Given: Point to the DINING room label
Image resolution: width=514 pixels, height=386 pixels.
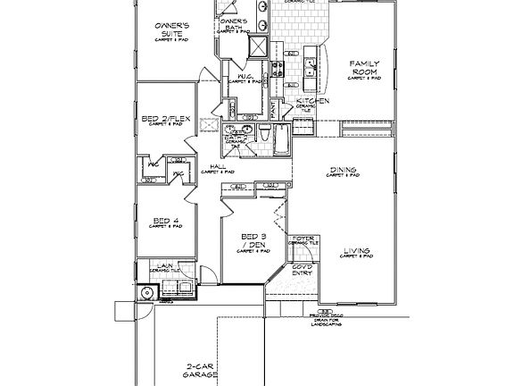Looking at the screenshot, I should pyautogui.click(x=343, y=170).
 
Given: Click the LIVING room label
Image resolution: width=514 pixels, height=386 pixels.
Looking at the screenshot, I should pyautogui.click(x=355, y=251).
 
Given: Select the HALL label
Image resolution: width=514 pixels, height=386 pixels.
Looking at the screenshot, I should pyautogui.click(x=216, y=167).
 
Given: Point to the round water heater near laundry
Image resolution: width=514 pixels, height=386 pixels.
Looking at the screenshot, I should pyautogui.click(x=146, y=290).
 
